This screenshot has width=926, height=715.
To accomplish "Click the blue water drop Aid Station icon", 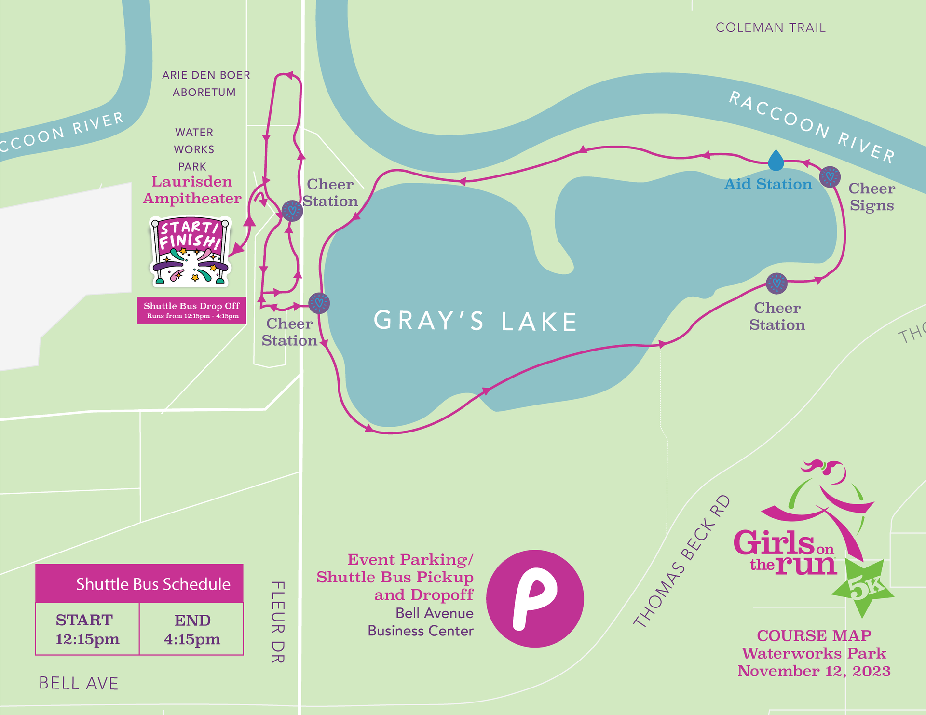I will [x=776, y=160].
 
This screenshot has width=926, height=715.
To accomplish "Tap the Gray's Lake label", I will [x=476, y=321].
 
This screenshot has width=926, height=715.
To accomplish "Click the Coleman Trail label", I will [x=770, y=27].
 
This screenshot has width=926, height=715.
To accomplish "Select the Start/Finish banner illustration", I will [x=190, y=251].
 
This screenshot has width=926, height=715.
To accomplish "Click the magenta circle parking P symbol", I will [x=535, y=598].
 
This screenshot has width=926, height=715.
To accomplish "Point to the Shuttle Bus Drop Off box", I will [x=192, y=310].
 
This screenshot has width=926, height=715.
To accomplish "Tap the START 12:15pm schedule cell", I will [x=87, y=629].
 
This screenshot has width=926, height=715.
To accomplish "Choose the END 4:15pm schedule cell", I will [x=192, y=629].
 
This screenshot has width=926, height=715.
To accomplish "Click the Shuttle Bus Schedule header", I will [x=139, y=583].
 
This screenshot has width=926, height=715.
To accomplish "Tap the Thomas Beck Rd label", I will [x=681, y=562].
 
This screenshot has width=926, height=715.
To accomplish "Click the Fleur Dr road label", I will [x=278, y=621].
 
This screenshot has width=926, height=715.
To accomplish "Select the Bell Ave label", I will [x=79, y=683].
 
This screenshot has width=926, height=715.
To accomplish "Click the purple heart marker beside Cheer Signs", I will [x=830, y=177].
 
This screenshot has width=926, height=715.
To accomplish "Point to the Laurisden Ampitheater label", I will [x=192, y=190].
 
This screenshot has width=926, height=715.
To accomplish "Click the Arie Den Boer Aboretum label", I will [x=205, y=83].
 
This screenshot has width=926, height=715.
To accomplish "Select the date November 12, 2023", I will [x=814, y=671].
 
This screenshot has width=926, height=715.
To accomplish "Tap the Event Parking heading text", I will [x=410, y=559].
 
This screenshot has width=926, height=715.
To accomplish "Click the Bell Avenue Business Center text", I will [x=421, y=622].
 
